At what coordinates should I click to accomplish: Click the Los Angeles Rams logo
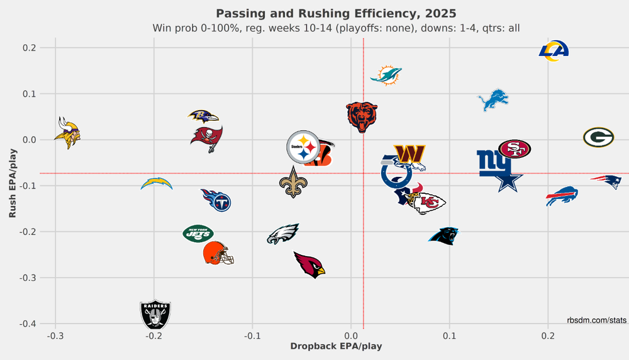[x=554, y=51]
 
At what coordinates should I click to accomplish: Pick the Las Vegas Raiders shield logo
[x=155, y=314]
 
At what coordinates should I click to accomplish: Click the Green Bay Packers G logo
[x=598, y=137]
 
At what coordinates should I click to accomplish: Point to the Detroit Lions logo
[x=493, y=100]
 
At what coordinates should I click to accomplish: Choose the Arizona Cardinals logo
[x=309, y=264]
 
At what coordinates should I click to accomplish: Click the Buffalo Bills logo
[x=562, y=196]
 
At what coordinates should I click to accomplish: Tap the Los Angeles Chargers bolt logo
[x=156, y=184]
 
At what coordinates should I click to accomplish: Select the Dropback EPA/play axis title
[x=336, y=347]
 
